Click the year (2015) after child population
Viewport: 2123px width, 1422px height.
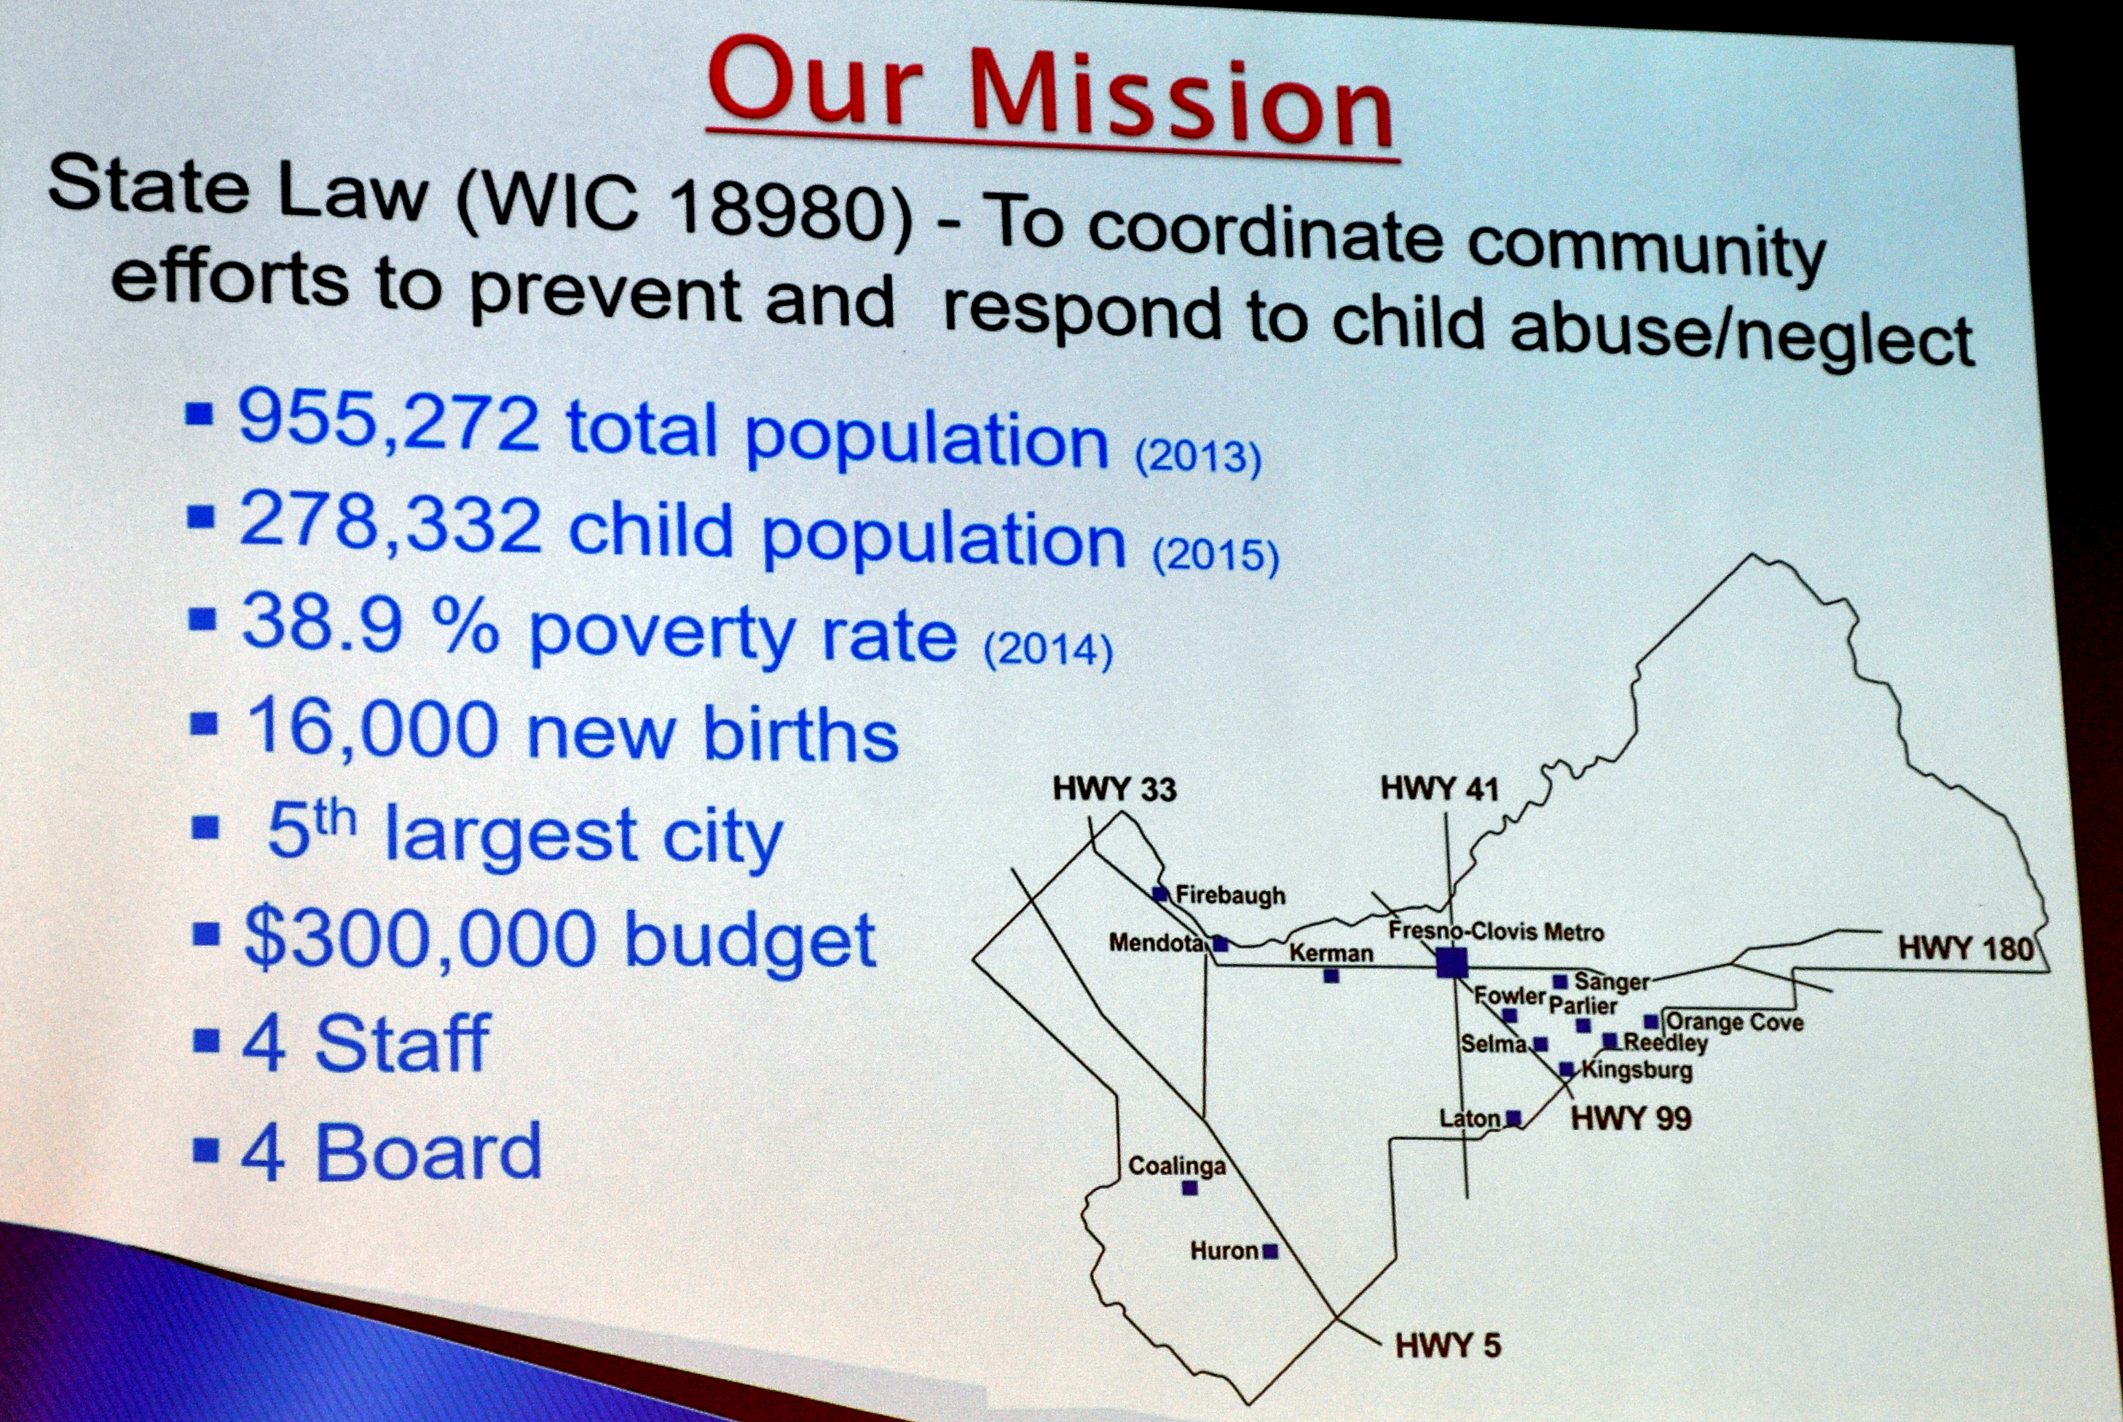1216,555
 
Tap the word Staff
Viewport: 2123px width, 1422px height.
403,1044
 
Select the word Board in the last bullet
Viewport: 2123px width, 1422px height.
428,1152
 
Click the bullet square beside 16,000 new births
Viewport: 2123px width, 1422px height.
204,724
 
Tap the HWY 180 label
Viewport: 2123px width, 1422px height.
1965,949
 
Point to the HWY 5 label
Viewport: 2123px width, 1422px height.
1449,1345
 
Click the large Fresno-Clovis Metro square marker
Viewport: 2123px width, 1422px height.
1452,963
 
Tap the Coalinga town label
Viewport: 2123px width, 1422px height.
1177,1166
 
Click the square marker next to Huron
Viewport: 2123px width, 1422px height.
1271,1252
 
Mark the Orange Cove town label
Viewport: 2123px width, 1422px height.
1735,1022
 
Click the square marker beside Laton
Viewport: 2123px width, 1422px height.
1513,1118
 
